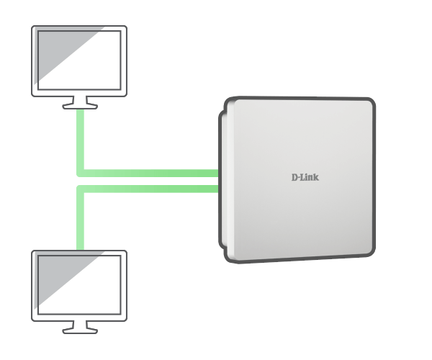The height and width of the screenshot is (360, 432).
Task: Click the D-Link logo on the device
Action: pos(305,177)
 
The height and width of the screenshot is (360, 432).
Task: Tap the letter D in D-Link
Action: pos(294,177)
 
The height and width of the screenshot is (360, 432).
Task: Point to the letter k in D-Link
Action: pos(316,177)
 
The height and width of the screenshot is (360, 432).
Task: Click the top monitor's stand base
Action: pos(80,107)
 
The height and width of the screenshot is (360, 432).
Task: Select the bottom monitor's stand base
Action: pos(80,331)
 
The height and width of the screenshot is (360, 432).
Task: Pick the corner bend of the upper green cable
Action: pos(80,174)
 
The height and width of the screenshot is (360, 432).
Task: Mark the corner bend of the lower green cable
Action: pos(80,189)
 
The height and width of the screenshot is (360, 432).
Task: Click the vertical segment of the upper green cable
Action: pos(80,140)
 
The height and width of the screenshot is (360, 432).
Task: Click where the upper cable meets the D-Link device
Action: pos(218,174)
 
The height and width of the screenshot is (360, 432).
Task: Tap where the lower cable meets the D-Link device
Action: pos(218,189)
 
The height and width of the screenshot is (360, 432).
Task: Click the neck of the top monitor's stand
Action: pos(80,100)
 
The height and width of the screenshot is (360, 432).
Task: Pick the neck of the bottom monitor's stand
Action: pos(80,325)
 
